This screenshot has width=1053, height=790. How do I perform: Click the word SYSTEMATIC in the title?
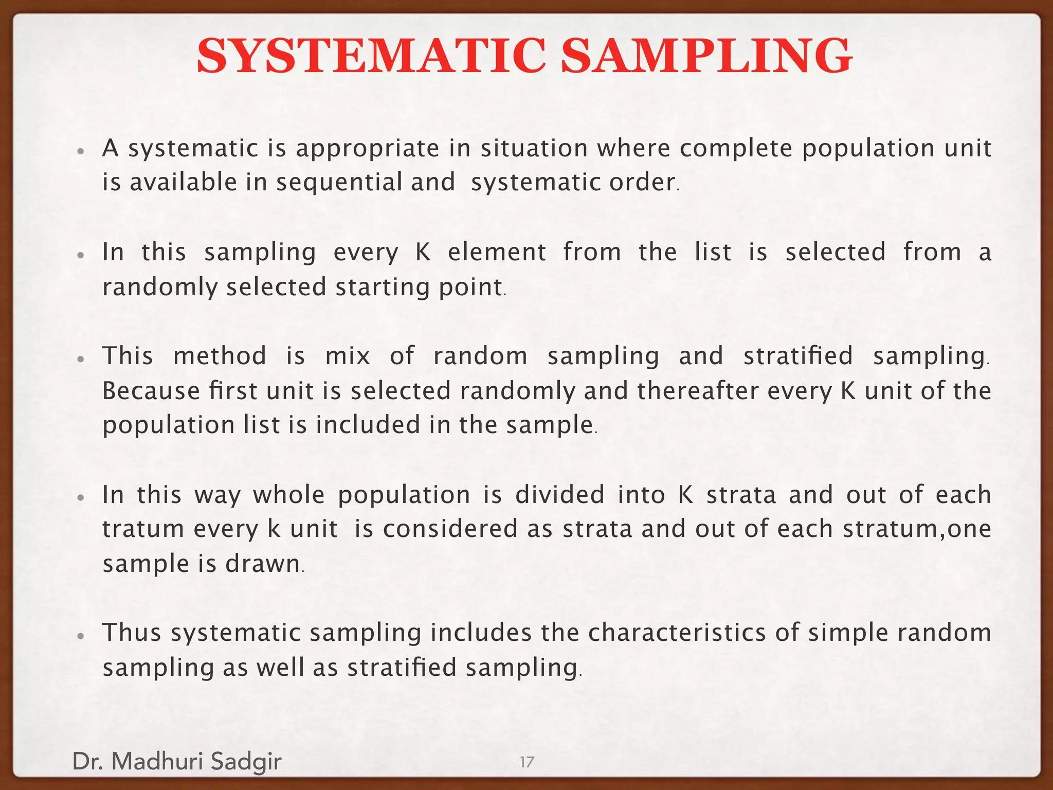click(370, 56)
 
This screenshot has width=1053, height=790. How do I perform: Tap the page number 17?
click(527, 762)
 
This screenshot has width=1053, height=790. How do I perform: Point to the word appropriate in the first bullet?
click(368, 149)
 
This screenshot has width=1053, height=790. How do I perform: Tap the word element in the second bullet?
click(497, 253)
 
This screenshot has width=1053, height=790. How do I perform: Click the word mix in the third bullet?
click(348, 356)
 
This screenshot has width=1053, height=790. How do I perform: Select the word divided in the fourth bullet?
click(560, 495)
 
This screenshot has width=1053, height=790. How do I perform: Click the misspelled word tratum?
click(143, 529)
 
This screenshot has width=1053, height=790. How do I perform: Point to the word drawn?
click(263, 564)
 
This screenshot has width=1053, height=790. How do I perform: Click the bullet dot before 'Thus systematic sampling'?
click(80, 636)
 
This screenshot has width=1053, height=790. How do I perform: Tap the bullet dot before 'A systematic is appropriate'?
click(80, 152)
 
